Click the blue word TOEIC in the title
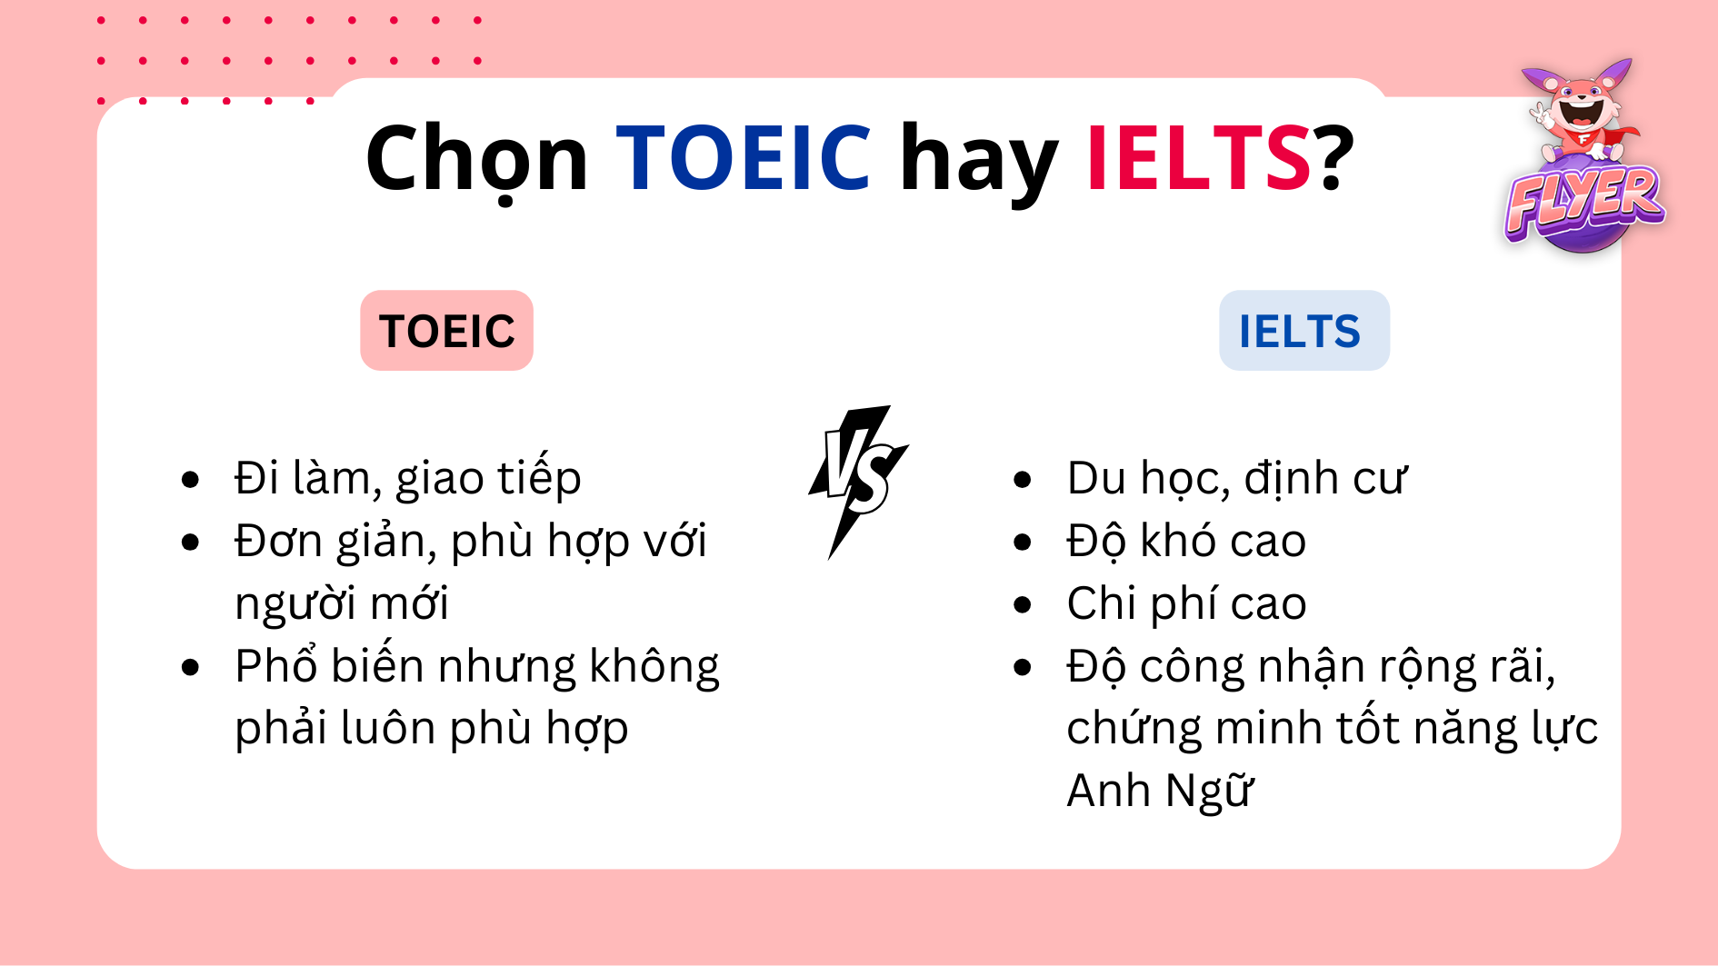[744, 158]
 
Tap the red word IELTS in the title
[1198, 158]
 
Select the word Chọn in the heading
[477, 160]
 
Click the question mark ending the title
[1334, 158]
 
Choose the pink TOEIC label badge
[446, 331]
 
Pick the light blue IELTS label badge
[1303, 331]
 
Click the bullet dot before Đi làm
[190, 480]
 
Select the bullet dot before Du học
[1023, 480]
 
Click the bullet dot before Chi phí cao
[1023, 604]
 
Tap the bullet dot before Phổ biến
[190, 668]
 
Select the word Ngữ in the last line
[1210, 792]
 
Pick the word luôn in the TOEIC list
[387, 729]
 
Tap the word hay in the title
[978, 160]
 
